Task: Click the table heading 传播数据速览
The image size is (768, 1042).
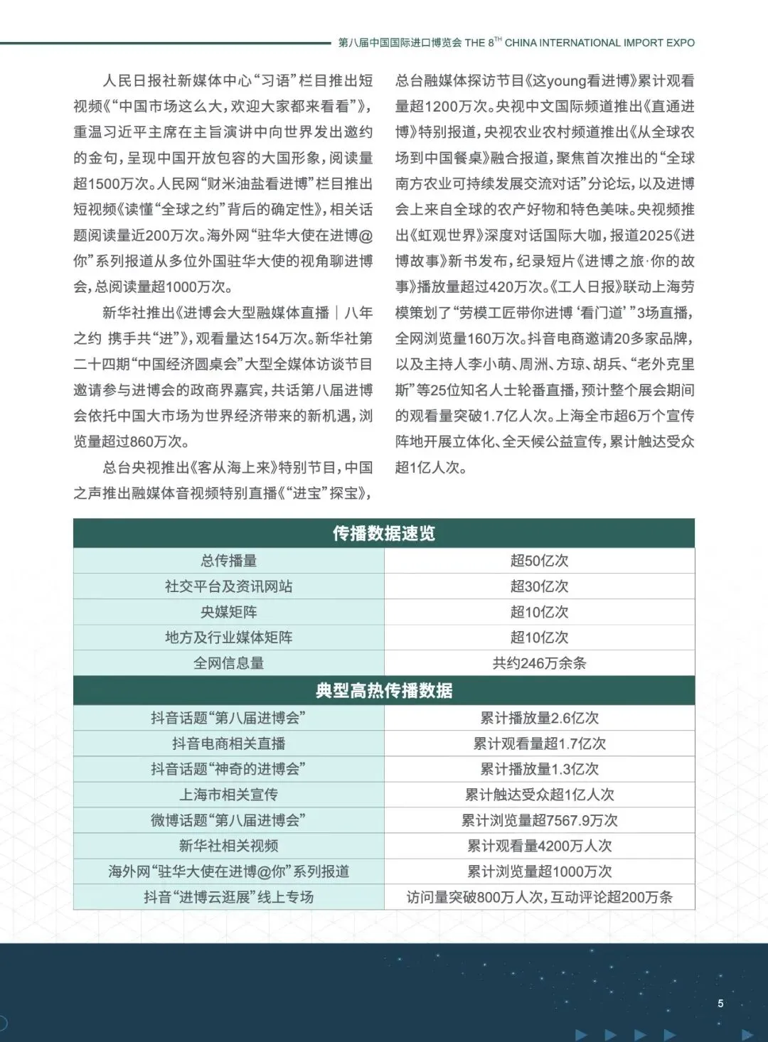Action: (x=383, y=534)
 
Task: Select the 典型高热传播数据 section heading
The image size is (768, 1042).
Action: (x=383, y=691)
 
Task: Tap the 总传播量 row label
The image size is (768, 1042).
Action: (x=228, y=561)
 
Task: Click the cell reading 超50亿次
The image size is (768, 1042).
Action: (x=539, y=561)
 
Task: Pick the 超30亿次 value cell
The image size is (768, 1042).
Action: (x=539, y=586)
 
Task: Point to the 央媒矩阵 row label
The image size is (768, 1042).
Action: (x=228, y=612)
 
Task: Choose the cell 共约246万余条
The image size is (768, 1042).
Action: (x=539, y=663)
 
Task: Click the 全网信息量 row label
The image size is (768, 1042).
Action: (x=228, y=663)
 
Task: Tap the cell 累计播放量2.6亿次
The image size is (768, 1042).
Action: (x=539, y=718)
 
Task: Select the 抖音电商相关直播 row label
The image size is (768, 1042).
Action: (x=228, y=743)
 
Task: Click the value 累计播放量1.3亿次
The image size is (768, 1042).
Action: (x=539, y=769)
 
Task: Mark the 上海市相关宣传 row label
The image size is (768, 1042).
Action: (x=228, y=795)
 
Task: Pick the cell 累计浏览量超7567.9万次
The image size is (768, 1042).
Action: (x=539, y=820)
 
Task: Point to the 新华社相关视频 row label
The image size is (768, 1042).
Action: (x=228, y=846)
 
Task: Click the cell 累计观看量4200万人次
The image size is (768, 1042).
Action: (x=539, y=846)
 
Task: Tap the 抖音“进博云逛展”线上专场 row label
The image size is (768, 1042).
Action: (x=228, y=897)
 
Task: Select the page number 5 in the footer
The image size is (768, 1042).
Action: (x=720, y=1004)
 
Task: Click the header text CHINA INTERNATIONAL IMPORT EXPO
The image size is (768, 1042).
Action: (x=599, y=43)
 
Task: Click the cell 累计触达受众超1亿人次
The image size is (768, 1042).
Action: (x=539, y=795)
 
